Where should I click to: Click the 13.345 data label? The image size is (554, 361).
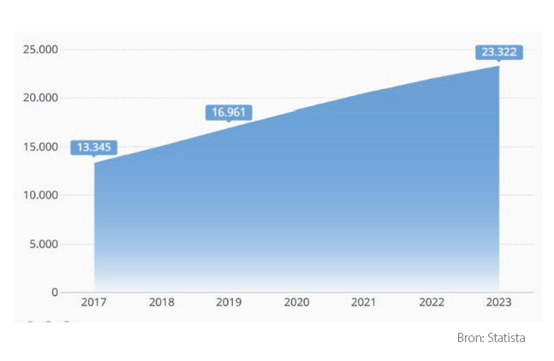(x=94, y=147)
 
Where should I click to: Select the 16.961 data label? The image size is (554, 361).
(x=229, y=111)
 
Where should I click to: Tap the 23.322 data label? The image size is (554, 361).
(x=499, y=52)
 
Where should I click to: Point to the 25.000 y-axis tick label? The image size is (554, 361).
(x=40, y=50)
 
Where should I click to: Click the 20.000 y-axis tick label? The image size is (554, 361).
(x=40, y=98)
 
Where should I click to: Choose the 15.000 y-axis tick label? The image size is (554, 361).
(x=40, y=147)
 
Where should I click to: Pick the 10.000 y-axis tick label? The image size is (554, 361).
(x=40, y=195)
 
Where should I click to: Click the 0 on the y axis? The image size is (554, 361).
(x=54, y=293)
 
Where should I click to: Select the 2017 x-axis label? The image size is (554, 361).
(x=94, y=303)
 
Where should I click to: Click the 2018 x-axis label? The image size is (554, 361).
(x=162, y=303)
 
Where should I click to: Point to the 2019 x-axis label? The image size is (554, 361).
(x=229, y=303)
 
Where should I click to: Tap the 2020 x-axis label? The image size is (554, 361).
(x=296, y=303)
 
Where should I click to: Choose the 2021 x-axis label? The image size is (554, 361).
(x=364, y=303)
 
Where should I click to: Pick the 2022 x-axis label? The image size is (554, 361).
(x=432, y=303)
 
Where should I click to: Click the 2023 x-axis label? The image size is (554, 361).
(x=498, y=303)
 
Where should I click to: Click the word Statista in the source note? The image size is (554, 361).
(x=506, y=338)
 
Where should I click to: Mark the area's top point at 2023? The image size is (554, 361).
(x=499, y=66)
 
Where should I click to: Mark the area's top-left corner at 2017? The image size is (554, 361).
(x=94, y=163)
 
